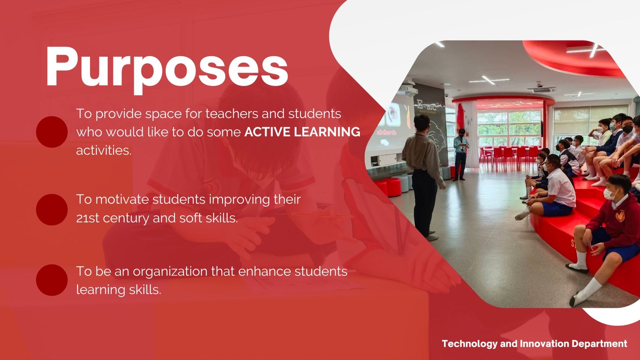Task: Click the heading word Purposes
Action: [167, 67]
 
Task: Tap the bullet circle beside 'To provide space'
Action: [52, 132]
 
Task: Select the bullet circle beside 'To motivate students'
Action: [52, 210]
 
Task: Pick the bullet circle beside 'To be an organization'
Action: [52, 280]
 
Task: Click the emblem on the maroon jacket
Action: [620, 215]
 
